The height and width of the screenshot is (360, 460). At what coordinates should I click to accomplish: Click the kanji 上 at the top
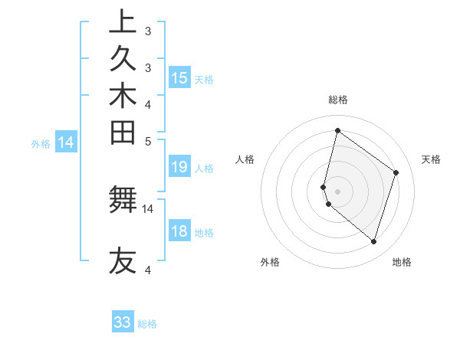pyautogui.click(x=123, y=22)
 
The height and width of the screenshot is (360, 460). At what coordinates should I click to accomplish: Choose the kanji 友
pyautogui.click(x=123, y=260)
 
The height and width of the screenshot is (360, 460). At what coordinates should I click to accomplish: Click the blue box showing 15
pyautogui.click(x=179, y=77)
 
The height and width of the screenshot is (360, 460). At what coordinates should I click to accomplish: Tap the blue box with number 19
pyautogui.click(x=179, y=167)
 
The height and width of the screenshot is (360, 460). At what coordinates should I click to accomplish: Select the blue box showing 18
pyautogui.click(x=179, y=232)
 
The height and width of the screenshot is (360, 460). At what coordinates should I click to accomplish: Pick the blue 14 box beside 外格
pyautogui.click(x=66, y=142)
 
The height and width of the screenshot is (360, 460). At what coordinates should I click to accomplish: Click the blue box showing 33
pyautogui.click(x=123, y=322)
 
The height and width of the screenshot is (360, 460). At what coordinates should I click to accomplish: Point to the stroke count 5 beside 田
pyautogui.click(x=148, y=141)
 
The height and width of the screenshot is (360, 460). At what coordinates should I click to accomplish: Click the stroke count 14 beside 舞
pyautogui.click(x=148, y=208)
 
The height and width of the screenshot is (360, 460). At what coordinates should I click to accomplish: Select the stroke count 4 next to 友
pyautogui.click(x=148, y=270)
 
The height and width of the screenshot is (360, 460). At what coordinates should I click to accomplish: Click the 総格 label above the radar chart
pyautogui.click(x=337, y=100)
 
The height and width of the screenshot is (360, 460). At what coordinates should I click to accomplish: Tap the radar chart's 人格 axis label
pyautogui.click(x=245, y=159)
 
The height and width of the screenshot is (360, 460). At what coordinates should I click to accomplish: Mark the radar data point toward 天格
pyautogui.click(x=396, y=172)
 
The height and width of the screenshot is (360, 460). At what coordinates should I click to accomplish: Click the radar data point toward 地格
pyautogui.click(x=374, y=242)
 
